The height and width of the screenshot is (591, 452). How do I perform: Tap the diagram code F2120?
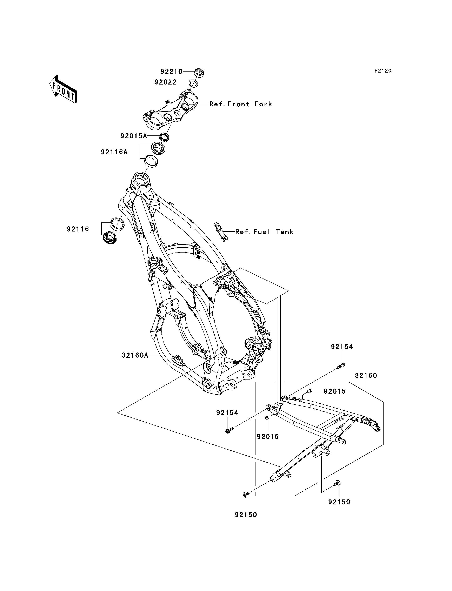[383, 71]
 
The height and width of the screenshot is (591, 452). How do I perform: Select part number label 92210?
[171, 72]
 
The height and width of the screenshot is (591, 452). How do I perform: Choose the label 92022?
[165, 82]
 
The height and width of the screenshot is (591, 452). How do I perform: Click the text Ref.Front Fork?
[240, 104]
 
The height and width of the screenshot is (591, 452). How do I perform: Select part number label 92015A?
[134, 136]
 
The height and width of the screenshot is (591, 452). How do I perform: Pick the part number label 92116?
[78, 229]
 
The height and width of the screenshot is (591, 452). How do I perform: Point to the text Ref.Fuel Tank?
[264, 232]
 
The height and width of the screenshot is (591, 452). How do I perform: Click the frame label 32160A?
[135, 355]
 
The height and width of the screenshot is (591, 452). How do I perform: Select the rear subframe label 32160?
[366, 376]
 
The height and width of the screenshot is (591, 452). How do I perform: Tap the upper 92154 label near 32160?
[342, 347]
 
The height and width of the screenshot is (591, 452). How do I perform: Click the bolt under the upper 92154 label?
[341, 365]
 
